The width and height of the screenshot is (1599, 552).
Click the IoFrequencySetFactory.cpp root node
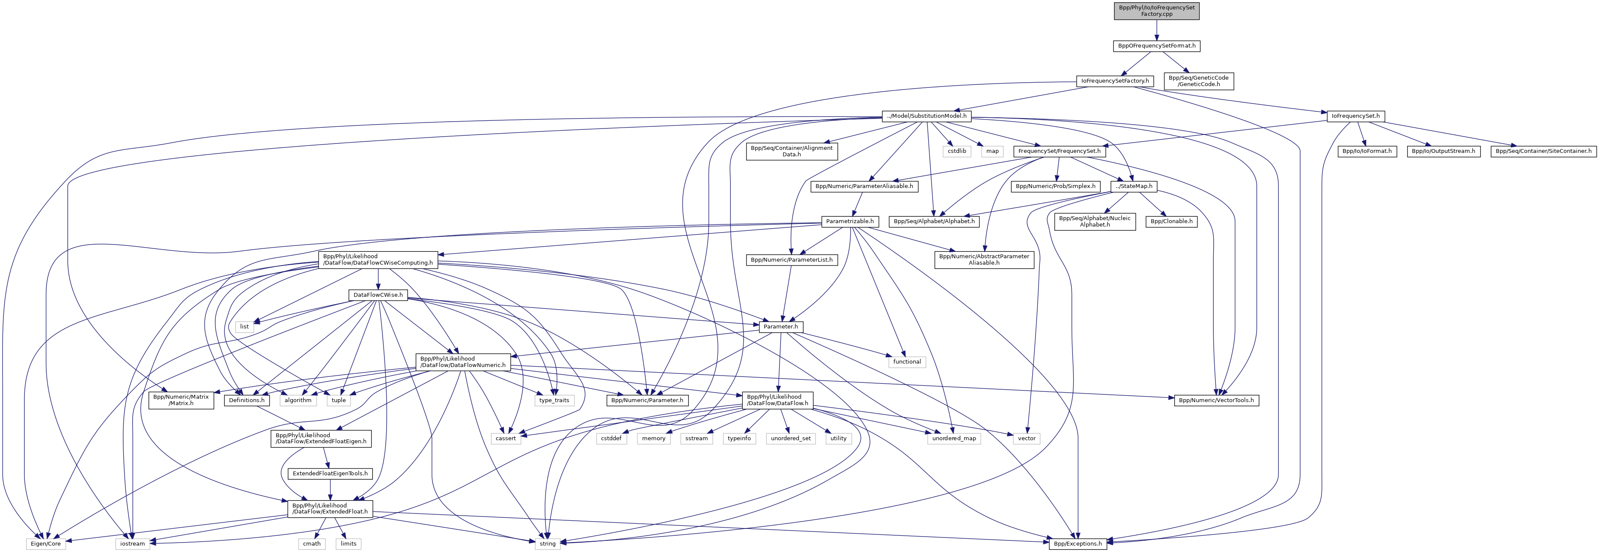pyautogui.click(x=1156, y=11)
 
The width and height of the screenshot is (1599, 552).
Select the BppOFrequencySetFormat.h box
pyautogui.click(x=1156, y=46)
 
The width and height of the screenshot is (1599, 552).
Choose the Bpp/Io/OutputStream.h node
pyautogui.click(x=1443, y=151)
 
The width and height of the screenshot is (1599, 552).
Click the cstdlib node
pyautogui.click(x=956, y=151)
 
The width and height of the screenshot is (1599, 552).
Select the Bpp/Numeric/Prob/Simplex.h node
pyautogui.click(x=1055, y=186)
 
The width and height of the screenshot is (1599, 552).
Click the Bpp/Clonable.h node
pyautogui.click(x=1171, y=221)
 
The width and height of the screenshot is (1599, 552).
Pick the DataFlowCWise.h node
pyautogui.click(x=378, y=295)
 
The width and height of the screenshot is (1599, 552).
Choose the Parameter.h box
pyautogui.click(x=780, y=327)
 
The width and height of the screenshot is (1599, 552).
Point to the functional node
pyautogui.click(x=907, y=361)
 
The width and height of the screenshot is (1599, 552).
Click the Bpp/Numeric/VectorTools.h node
pyautogui.click(x=1216, y=400)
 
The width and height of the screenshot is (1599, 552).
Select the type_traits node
pyautogui.click(x=554, y=400)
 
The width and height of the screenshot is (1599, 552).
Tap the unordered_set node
pyautogui.click(x=790, y=439)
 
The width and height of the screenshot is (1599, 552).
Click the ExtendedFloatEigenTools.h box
pyautogui.click(x=330, y=474)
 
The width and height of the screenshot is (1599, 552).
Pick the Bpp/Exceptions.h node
pyautogui.click(x=1078, y=544)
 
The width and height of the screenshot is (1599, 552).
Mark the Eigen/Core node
pyautogui.click(x=46, y=544)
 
